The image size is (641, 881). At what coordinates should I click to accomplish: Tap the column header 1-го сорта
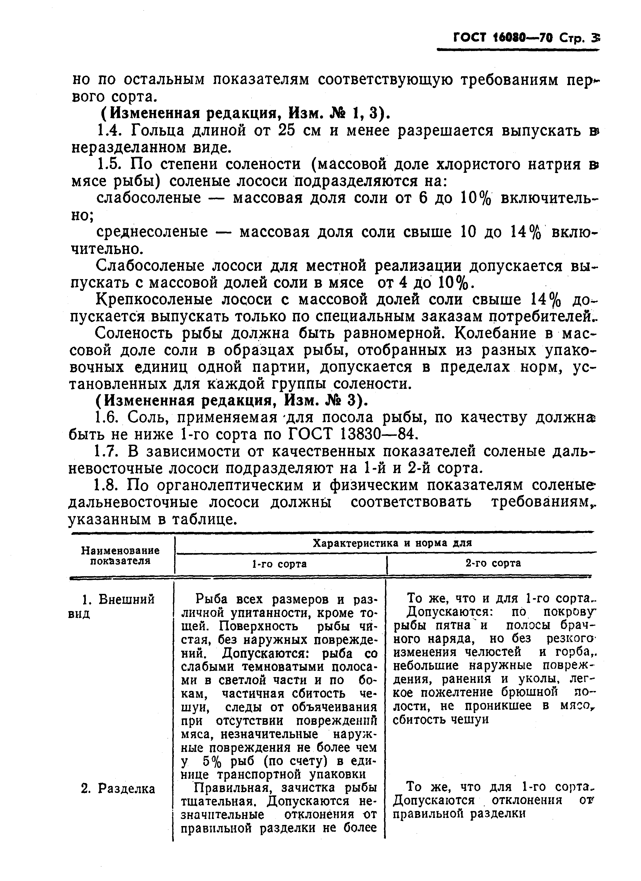click(x=279, y=564)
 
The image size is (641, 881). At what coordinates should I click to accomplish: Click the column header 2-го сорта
click(x=493, y=563)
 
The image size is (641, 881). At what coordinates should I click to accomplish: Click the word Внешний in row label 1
click(x=127, y=599)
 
